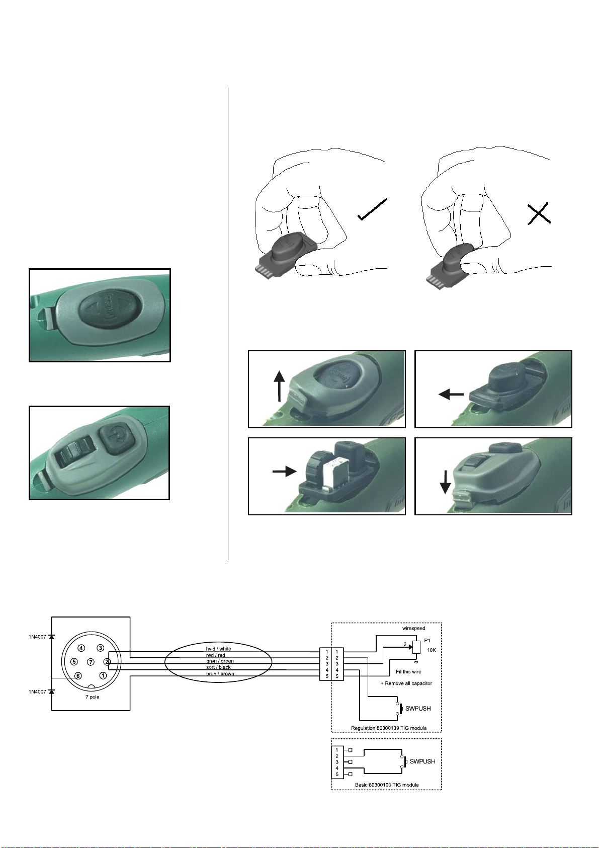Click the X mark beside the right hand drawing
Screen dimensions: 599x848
(x=539, y=213)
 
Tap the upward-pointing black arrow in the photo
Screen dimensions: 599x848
(x=279, y=386)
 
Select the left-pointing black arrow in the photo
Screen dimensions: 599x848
(x=451, y=395)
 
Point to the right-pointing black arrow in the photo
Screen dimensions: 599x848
(x=285, y=472)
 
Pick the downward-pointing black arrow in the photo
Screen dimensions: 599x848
(x=445, y=482)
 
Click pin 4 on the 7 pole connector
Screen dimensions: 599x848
(x=81, y=648)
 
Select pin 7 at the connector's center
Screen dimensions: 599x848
(x=91, y=662)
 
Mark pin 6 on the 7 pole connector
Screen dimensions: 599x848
(x=78, y=675)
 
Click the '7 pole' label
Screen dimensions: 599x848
(x=93, y=697)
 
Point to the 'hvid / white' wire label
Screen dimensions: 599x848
(x=218, y=649)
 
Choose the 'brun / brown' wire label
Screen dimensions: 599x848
(x=220, y=673)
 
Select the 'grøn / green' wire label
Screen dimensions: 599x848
(x=220, y=661)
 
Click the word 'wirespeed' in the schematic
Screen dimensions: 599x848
(x=413, y=628)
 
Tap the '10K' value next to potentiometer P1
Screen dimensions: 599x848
(x=432, y=650)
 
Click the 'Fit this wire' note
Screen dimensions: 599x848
(x=408, y=671)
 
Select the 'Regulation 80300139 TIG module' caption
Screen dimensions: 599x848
(x=389, y=728)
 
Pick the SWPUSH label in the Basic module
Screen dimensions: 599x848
(x=422, y=761)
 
